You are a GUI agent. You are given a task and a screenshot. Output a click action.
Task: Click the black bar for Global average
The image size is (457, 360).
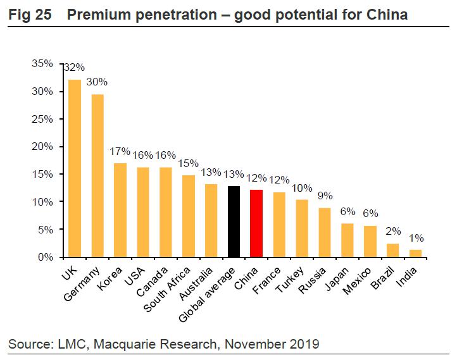[x=234, y=222]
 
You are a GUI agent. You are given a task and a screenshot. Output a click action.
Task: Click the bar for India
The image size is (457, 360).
[x=415, y=253]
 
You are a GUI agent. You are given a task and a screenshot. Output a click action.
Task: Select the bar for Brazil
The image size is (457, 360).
[x=392, y=251]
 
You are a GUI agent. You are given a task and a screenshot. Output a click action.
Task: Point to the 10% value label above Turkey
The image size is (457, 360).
[x=303, y=189]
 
